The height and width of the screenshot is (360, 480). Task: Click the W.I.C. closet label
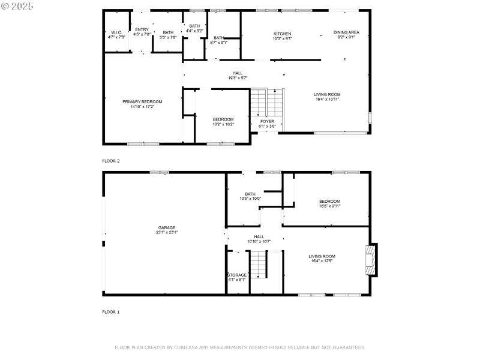coord(116,32)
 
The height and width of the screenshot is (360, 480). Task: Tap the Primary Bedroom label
coord(142,101)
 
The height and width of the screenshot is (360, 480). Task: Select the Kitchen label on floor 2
coord(282,34)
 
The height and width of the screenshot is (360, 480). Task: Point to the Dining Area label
coord(346,32)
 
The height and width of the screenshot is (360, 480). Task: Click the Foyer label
coord(267,121)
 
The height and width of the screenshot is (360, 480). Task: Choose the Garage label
coord(167,227)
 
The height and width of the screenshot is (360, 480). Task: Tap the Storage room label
coord(237,275)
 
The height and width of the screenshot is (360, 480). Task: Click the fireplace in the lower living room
coord(373,259)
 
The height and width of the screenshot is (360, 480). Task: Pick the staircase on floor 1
coord(258,265)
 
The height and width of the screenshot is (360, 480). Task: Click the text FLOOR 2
coord(111,161)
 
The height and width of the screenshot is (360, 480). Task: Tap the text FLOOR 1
coord(111,312)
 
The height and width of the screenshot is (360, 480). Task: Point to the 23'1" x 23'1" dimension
coord(167,232)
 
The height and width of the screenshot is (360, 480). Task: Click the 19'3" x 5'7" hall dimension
coord(238,78)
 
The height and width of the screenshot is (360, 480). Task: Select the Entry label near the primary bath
coord(142,29)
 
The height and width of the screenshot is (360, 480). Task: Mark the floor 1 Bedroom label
coord(329,201)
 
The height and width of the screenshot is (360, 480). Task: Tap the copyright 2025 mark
coord(18,5)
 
